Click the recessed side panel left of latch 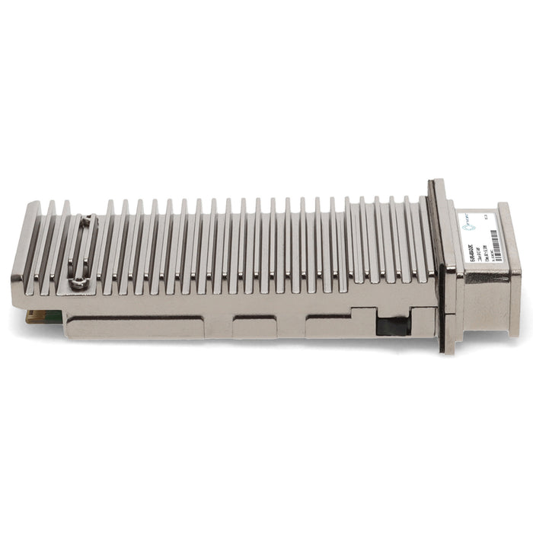point(329,326)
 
